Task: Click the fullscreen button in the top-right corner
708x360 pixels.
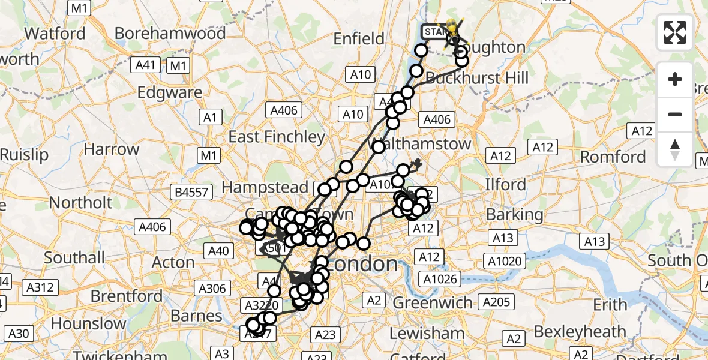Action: (x=675, y=32)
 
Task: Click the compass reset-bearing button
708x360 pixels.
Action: (x=675, y=149)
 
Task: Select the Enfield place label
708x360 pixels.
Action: (x=359, y=39)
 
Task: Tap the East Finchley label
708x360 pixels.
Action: (x=277, y=137)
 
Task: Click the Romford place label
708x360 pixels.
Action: (x=613, y=157)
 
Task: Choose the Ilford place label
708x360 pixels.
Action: (x=505, y=184)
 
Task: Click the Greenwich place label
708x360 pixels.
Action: (x=433, y=302)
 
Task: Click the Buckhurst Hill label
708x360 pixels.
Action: (x=477, y=78)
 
